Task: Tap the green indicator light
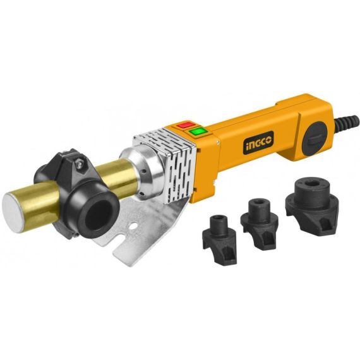[x=200, y=131]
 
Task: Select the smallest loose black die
[x=218, y=231]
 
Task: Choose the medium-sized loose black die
[x=260, y=217]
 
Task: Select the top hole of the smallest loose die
[x=219, y=221]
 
